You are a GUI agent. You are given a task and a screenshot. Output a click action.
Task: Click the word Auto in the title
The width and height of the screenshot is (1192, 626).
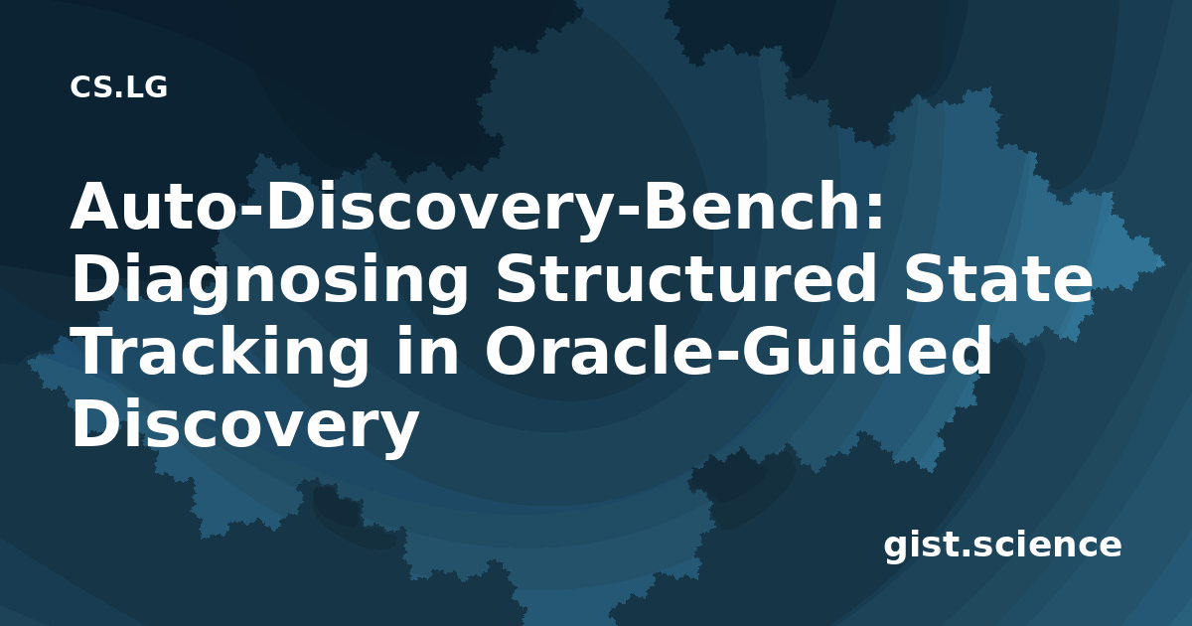click(x=152, y=206)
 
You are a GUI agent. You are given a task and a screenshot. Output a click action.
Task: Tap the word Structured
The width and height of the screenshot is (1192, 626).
click(x=687, y=279)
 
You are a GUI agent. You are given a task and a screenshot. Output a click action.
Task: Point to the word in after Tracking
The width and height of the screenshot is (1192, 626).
click(x=427, y=352)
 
